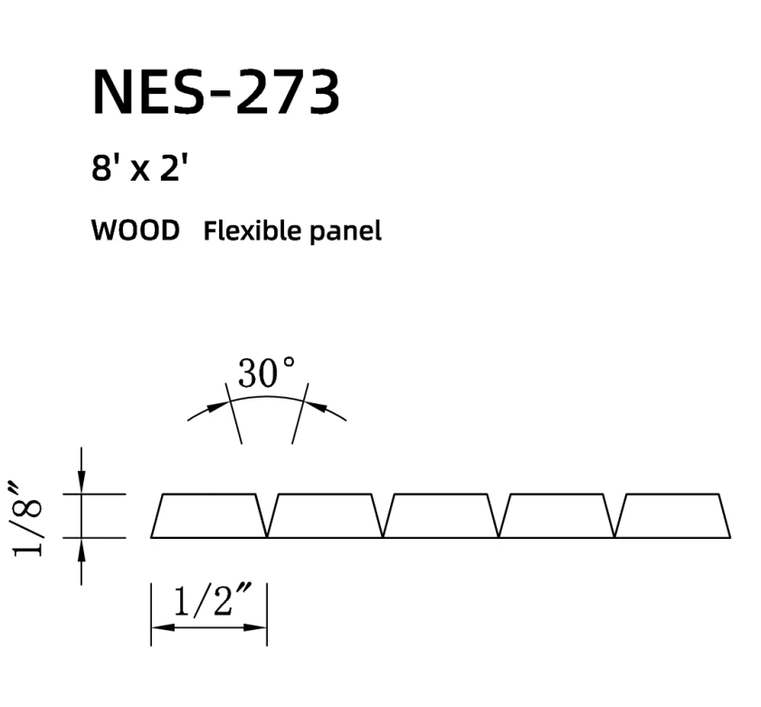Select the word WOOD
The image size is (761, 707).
[x=135, y=231]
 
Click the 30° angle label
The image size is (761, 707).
[x=266, y=373]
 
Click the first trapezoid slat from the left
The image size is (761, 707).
[x=209, y=516]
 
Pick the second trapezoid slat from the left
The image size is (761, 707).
[x=325, y=516]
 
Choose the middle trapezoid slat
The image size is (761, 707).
[x=441, y=516]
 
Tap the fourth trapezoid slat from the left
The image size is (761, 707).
[x=556, y=516]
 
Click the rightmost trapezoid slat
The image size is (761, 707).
[x=672, y=516]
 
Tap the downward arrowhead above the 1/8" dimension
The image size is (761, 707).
[x=81, y=484]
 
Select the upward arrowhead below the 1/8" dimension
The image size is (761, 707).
[x=81, y=548]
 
